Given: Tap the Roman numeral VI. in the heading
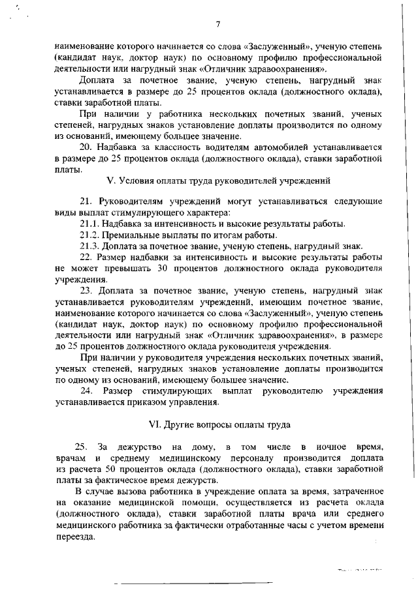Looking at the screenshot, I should click(x=157, y=424).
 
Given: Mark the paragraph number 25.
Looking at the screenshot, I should click(x=82, y=447).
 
